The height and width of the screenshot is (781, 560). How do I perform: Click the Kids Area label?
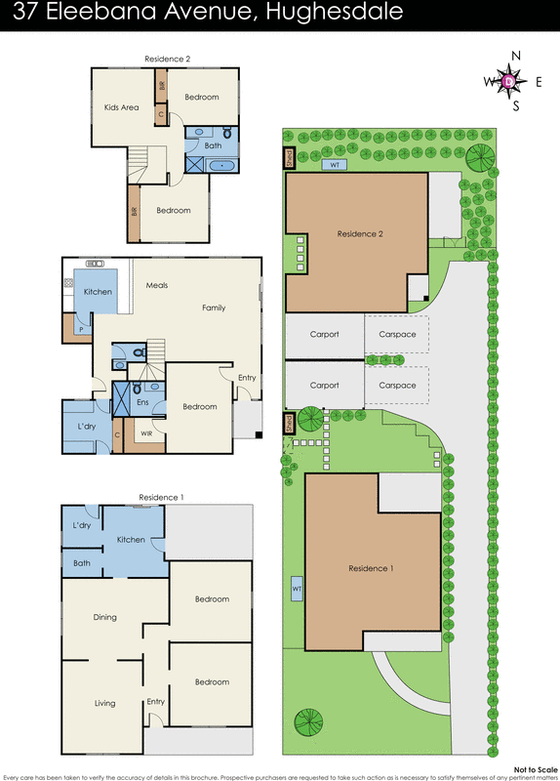pos(121,107)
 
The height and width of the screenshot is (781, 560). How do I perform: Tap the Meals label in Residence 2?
pos(157,285)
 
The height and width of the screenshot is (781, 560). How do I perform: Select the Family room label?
pos(214,308)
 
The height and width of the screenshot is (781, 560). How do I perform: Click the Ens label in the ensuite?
pos(142,400)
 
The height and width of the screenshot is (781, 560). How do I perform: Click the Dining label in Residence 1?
pos(104,617)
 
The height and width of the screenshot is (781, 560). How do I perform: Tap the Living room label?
pos(104,703)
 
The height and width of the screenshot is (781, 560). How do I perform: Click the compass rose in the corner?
pos(508,82)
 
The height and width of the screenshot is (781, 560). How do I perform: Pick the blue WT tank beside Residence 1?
pos(296,591)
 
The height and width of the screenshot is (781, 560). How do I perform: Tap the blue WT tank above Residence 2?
pos(335,164)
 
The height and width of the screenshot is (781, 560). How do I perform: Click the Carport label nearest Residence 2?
pos(324,334)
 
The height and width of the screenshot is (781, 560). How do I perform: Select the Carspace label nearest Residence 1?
pos(397,385)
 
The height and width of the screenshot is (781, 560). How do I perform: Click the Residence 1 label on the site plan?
pos(371,568)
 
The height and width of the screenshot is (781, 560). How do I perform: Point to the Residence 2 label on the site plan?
pos(359,233)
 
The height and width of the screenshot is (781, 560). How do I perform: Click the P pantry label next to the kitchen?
pos(77,330)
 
